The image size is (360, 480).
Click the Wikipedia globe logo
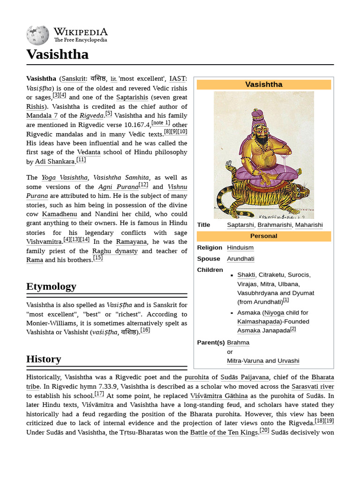pos(37,35)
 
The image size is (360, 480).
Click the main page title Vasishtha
pos(57,54)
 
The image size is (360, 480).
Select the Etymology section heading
pos(51,286)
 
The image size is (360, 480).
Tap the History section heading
pos(44,359)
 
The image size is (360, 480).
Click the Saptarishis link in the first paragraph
pos(132,97)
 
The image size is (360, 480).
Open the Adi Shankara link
pos(55,162)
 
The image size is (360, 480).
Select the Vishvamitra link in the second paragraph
pos(44,242)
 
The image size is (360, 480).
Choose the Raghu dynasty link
pos(115,251)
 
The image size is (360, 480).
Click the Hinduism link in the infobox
pos(240,247)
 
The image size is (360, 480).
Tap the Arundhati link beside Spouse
pos(240,259)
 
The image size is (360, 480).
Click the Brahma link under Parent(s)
pos(238,343)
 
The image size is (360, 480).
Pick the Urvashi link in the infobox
pos(288,360)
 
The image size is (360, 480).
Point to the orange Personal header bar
pos(263,236)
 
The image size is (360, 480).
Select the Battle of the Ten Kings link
pos(224,432)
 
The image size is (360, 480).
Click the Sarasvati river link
pos(313,387)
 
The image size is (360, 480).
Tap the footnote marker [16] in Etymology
pos(145,330)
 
